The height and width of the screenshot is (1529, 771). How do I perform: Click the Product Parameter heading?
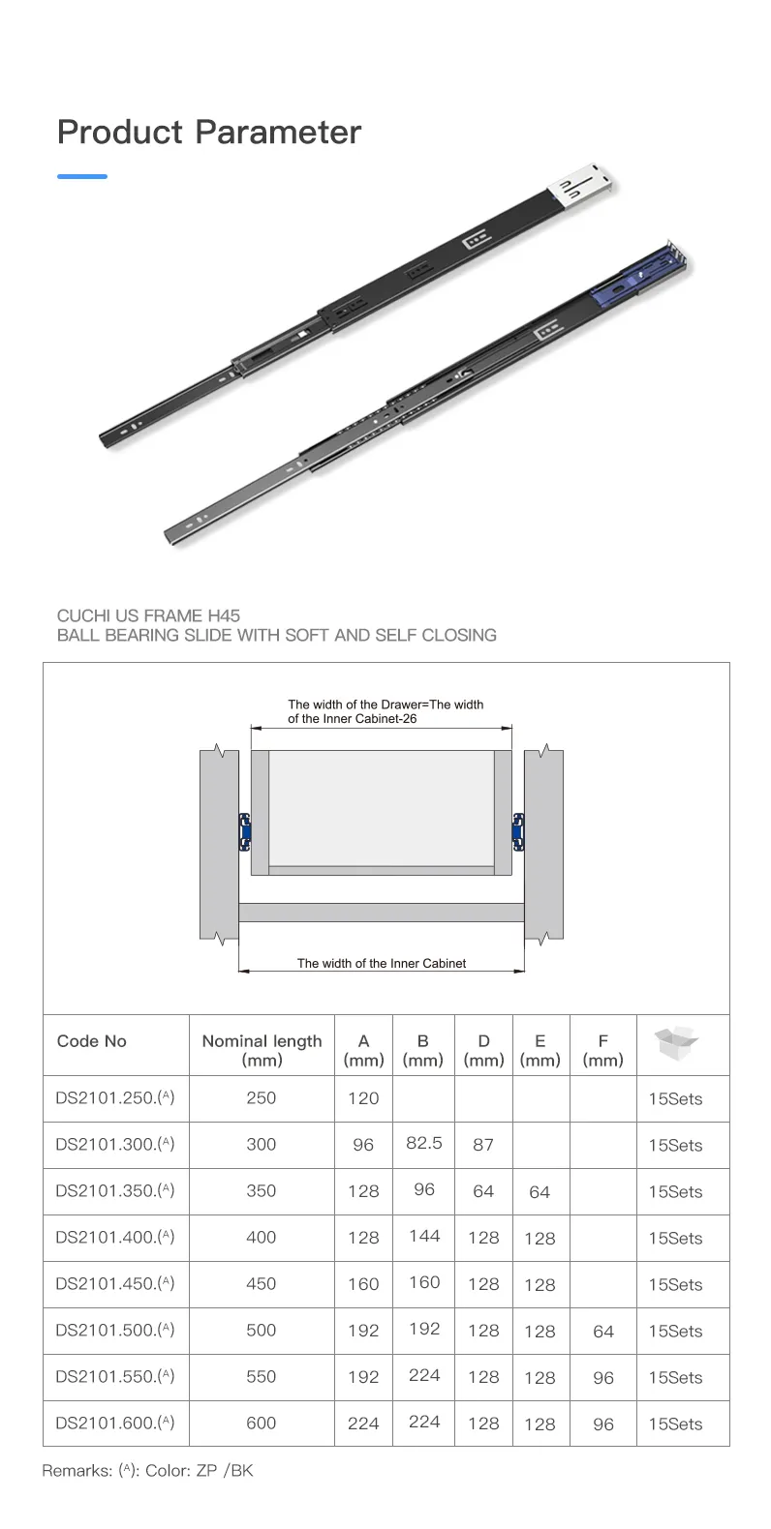coord(209,133)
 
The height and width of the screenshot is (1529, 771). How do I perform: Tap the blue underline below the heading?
coord(82,177)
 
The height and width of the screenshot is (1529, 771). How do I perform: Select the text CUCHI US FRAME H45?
coord(148,615)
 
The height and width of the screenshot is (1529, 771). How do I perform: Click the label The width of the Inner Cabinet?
coord(381,963)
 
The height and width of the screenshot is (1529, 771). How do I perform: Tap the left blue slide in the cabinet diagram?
coord(245,832)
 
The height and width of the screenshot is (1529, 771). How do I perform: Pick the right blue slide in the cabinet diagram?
coord(518,832)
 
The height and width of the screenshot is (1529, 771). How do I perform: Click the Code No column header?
coord(91,1041)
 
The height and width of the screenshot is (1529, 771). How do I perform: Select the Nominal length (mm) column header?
coord(262,1050)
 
